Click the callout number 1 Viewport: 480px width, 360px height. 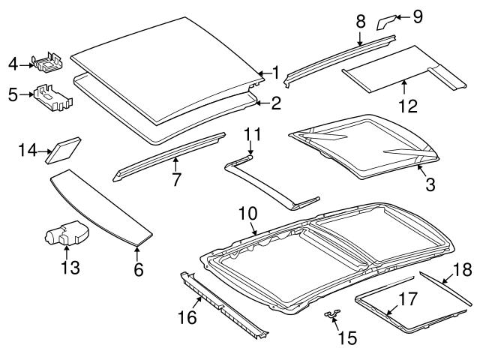tap(275, 73)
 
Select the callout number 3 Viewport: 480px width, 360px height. tap(430, 183)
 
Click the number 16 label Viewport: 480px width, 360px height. tap(187, 317)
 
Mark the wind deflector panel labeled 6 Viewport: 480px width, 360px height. tap(97, 206)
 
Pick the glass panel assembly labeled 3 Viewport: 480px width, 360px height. tap(360, 146)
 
